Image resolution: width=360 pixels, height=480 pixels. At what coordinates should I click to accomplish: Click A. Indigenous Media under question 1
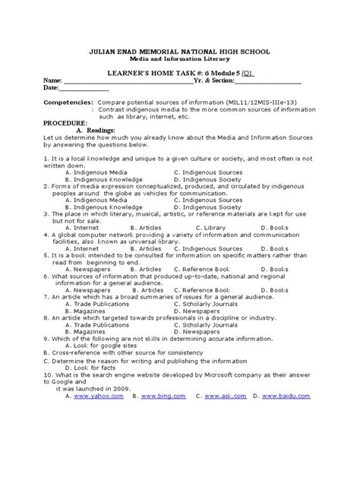click(96, 172)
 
